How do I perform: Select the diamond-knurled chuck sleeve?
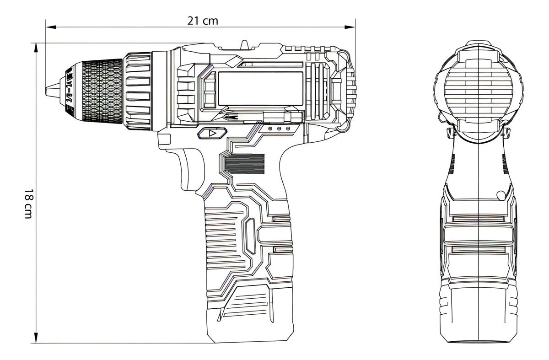[x=102, y=91]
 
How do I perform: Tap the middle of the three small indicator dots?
[x=279, y=129]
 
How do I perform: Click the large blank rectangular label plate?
[x=260, y=88]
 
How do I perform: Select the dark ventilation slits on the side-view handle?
[x=245, y=164]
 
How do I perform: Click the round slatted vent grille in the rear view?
[x=478, y=89]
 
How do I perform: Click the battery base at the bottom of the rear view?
[x=478, y=316]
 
